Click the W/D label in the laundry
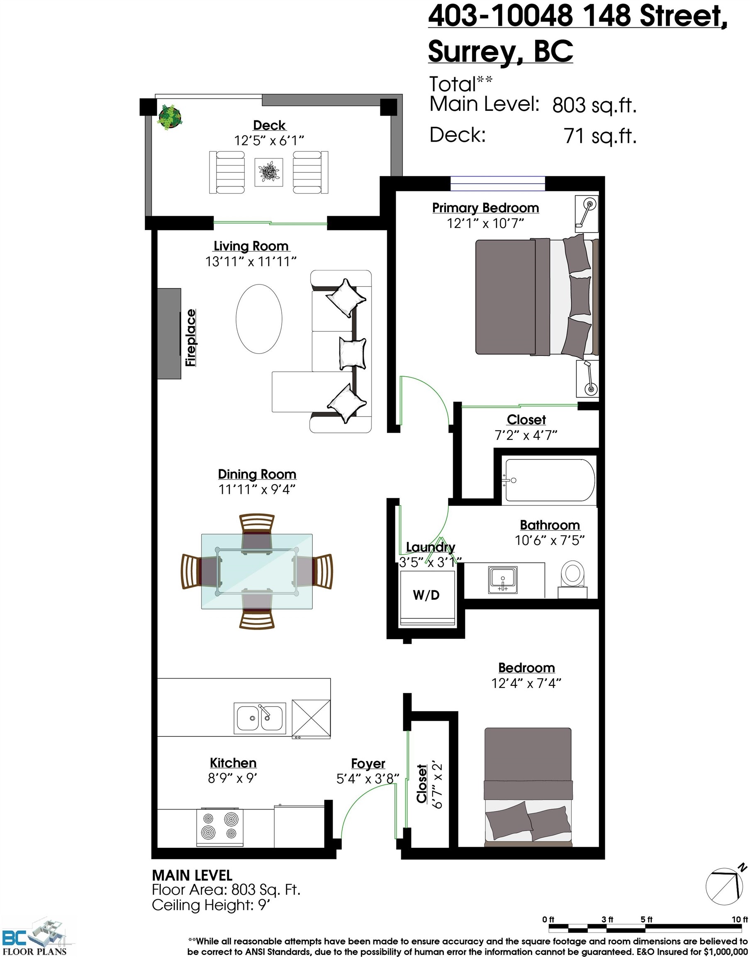click(426, 595)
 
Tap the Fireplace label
click(190, 338)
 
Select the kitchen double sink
click(260, 718)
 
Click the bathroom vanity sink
click(503, 580)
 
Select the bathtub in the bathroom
click(550, 480)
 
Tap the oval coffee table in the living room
click(259, 319)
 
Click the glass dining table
click(257, 572)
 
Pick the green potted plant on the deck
click(170, 116)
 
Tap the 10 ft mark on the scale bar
click(740, 919)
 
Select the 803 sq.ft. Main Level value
click(594, 106)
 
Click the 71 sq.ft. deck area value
click(600, 136)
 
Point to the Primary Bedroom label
click(485, 208)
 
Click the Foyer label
click(368, 763)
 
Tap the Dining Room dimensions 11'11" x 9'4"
click(257, 489)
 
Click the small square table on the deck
click(269, 172)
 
